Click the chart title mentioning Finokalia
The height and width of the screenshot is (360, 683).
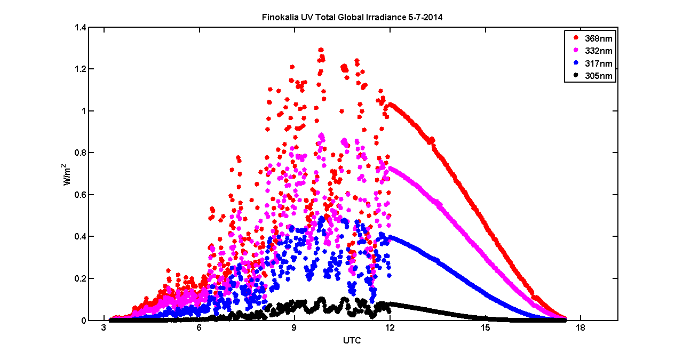coord(352,17)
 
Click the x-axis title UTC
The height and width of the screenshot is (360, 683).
coord(352,340)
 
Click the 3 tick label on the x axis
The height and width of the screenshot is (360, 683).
coord(104,328)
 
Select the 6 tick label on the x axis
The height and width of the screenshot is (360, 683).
coord(199,328)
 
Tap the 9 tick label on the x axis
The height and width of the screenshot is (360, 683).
coord(295,328)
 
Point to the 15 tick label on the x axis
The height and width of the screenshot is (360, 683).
coord(486,328)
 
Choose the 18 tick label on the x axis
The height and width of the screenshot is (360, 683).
coord(581,328)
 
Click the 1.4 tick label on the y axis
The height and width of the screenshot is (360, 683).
coord(81,27)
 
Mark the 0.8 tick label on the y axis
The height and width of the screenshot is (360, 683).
coord(81,153)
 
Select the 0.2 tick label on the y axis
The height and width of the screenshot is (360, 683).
coord(81,278)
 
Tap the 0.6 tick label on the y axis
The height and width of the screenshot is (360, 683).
coord(81,195)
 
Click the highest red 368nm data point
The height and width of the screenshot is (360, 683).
coord(321,50)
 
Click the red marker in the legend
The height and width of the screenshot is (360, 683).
coord(575,38)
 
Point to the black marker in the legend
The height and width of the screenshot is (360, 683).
coord(575,76)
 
